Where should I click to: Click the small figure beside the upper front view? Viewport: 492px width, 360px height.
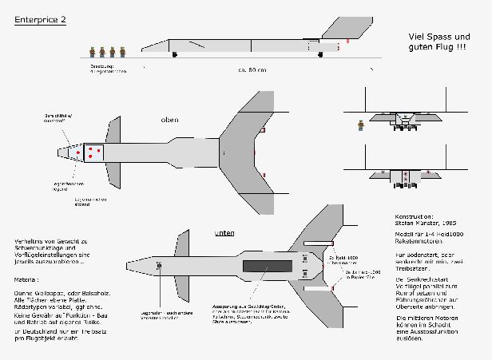[362, 124]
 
